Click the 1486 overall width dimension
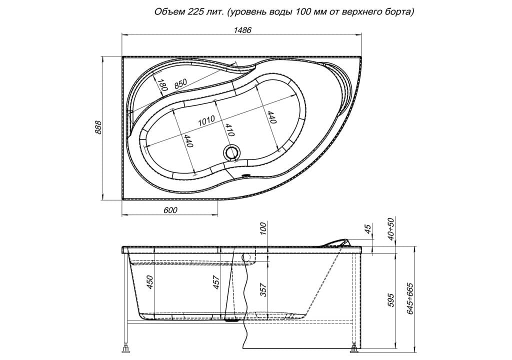[242, 30]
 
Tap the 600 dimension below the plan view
[170, 209]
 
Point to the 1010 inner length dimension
[206, 120]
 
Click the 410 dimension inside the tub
[229, 129]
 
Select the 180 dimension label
[162, 85]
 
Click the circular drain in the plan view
[232, 153]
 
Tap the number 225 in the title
[194, 12]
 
